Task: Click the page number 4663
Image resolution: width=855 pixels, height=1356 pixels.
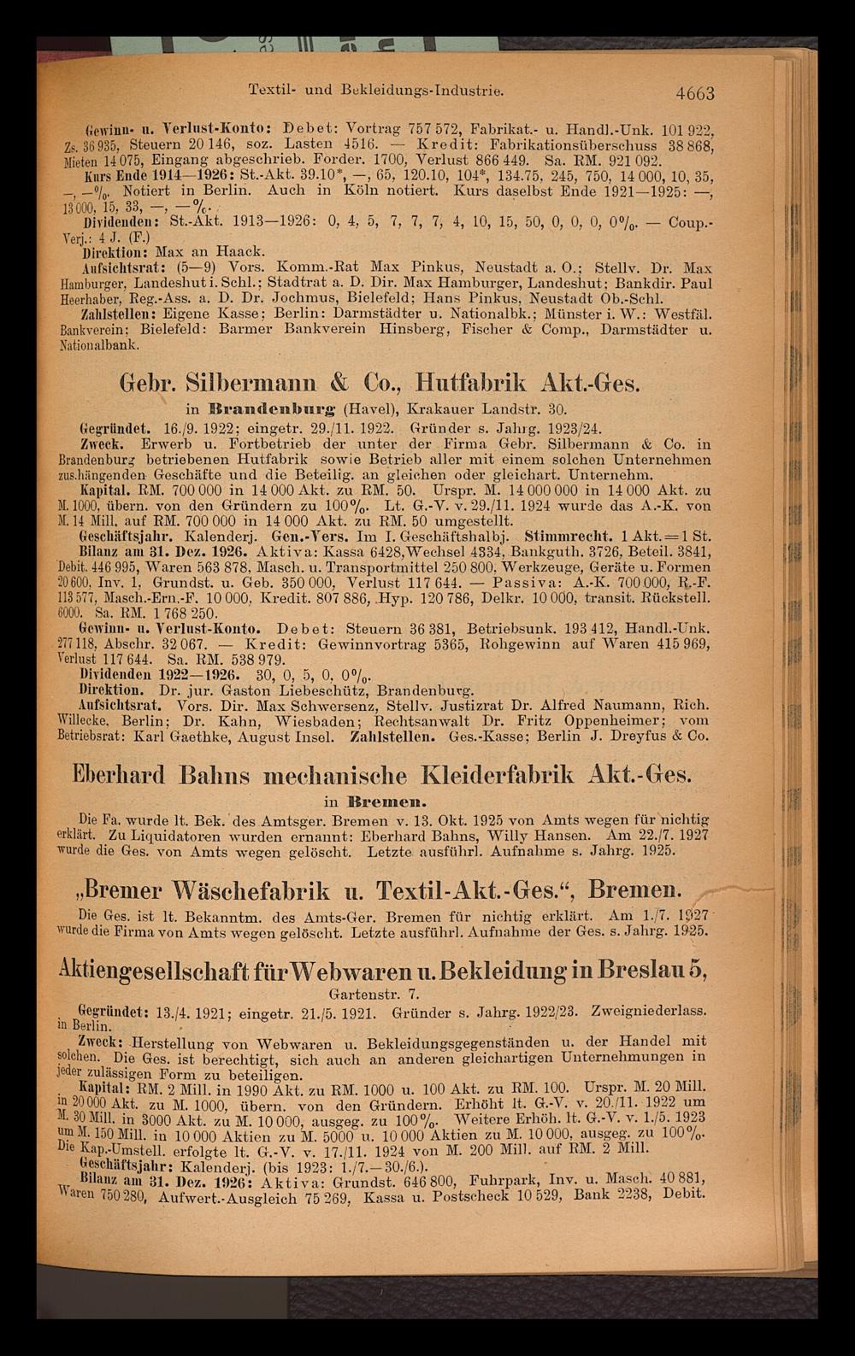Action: (693, 93)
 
